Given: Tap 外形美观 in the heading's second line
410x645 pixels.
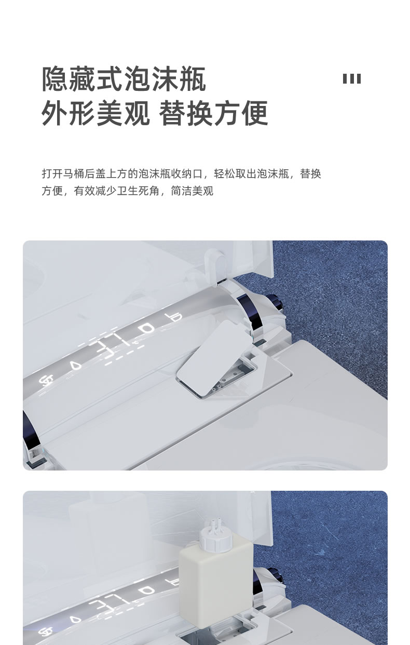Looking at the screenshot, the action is click(96, 113).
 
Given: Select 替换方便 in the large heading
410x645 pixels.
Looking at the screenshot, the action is click(213, 113).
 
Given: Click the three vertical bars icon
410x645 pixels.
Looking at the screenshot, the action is click(351, 78).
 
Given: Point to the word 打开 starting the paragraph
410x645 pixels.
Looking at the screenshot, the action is click(52, 174).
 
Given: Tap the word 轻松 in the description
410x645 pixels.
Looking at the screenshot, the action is click(224, 174).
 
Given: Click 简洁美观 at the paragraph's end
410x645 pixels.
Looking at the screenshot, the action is click(192, 191).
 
